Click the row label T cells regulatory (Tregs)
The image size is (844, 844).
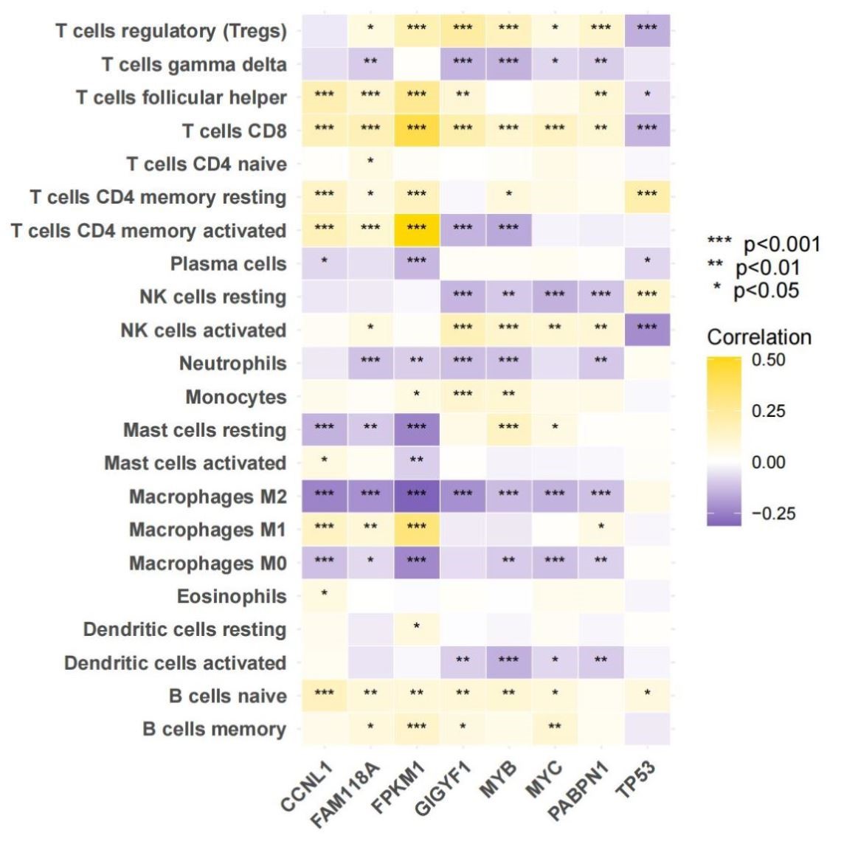[x=170, y=31]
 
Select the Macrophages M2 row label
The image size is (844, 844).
[x=207, y=497]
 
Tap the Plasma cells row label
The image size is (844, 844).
[x=228, y=263]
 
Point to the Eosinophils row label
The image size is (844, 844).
[x=232, y=596]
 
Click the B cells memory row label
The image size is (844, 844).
[x=214, y=729]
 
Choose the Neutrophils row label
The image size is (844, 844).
[x=232, y=363]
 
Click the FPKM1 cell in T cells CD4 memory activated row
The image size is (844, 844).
[x=416, y=230]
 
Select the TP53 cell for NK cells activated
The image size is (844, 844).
[x=646, y=330]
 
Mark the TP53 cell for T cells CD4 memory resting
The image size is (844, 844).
[x=646, y=197]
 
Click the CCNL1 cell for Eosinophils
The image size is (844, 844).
[x=324, y=596]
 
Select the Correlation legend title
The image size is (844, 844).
[x=758, y=337]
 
